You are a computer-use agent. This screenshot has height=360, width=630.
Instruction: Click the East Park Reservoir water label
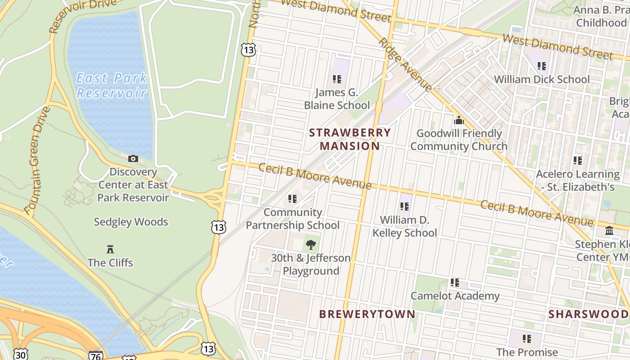112,85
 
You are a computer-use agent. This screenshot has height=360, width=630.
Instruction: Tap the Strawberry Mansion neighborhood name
350,139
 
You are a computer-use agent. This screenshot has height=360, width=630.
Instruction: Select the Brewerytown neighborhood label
367,314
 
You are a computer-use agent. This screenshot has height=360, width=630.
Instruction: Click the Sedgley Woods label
130,222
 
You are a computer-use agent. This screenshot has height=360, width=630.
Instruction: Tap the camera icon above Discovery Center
133,158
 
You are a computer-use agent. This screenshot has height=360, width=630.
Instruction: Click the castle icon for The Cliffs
110,249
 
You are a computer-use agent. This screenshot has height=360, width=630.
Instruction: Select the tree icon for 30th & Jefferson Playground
310,245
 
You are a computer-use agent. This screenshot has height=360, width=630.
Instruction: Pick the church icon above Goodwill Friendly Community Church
459,120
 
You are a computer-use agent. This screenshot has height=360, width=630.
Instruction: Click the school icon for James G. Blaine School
337,79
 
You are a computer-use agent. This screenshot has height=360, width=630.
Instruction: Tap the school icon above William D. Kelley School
405,207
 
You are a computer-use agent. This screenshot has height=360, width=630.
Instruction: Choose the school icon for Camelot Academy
455,283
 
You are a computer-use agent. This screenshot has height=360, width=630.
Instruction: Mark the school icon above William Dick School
542,66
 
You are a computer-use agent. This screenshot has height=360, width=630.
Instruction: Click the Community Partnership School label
292,219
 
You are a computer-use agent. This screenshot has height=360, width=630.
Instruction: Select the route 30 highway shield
20,354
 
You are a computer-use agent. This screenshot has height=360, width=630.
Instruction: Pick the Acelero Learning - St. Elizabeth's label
577,180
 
